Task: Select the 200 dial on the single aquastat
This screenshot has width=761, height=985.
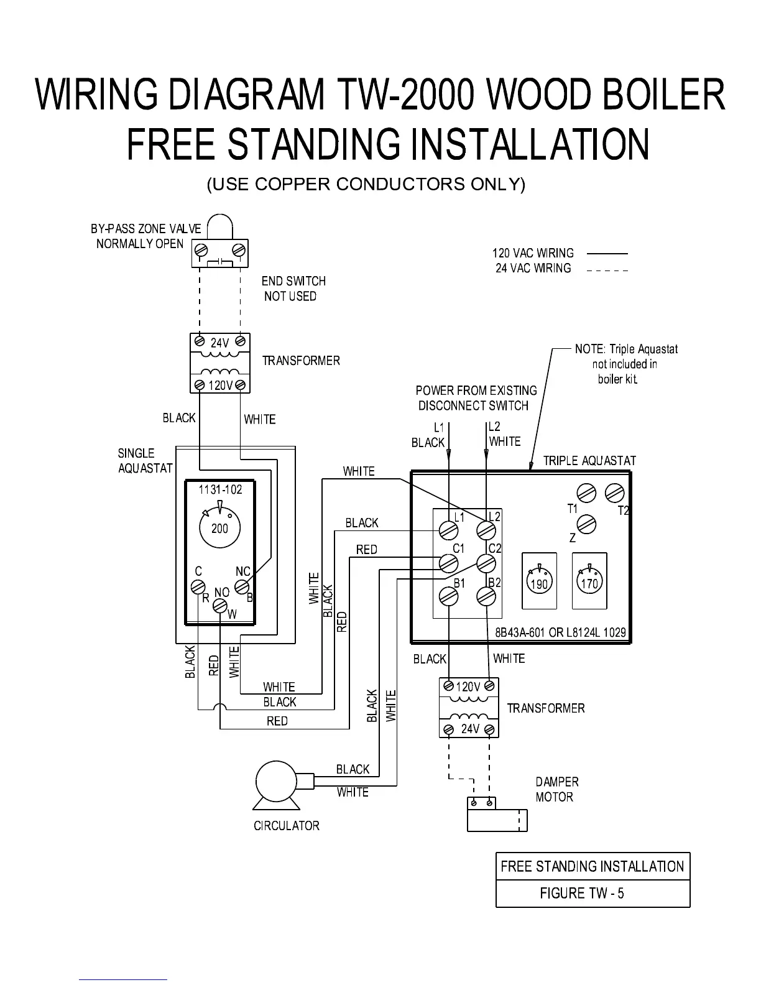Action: tap(219, 529)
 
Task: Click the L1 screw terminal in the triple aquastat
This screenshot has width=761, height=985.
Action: tap(448, 530)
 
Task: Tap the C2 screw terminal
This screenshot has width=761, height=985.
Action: tap(486, 563)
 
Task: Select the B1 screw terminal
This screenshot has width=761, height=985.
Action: tap(448, 597)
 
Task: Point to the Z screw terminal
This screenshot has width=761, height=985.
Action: tap(586, 524)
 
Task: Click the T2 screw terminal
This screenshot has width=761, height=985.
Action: tap(614, 493)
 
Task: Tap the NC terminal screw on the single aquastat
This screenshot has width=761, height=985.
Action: tap(242, 586)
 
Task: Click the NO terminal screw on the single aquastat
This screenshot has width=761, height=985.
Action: tap(221, 606)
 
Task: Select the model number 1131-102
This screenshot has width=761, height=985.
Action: tap(220, 490)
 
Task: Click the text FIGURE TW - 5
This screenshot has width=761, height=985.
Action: tap(581, 894)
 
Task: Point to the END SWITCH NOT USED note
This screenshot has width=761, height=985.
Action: tap(293, 289)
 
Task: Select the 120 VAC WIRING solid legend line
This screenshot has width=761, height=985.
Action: tap(607, 254)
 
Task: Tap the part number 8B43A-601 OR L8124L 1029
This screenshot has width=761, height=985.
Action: tap(560, 632)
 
